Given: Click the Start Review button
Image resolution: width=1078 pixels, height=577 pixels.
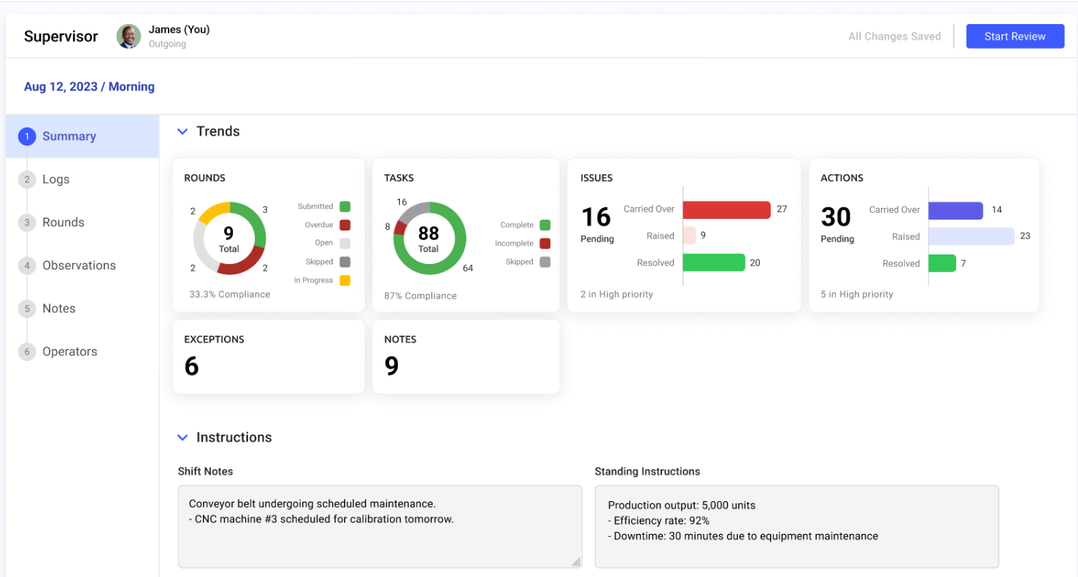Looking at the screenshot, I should (1015, 36).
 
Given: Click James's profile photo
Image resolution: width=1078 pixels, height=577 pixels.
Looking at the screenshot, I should (129, 36).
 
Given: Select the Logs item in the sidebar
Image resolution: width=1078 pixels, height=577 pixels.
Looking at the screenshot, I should (55, 179).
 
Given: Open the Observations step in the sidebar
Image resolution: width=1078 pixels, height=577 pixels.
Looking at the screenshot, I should (79, 266).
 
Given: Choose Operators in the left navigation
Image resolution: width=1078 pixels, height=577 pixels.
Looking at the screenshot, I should (69, 352).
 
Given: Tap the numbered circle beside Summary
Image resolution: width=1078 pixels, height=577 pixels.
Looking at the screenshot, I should (27, 136).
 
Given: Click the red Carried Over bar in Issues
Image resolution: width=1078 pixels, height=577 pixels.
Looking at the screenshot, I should (726, 209).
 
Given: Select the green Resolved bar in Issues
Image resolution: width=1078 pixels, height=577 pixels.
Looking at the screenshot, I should (714, 263).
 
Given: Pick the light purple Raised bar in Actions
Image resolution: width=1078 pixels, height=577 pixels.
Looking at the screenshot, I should (971, 236).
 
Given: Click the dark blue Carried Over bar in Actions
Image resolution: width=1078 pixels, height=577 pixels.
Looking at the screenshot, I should (955, 210).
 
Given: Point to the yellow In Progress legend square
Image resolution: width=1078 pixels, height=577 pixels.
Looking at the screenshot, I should (344, 280).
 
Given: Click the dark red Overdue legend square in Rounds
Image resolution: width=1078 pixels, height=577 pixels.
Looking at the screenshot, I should (344, 225).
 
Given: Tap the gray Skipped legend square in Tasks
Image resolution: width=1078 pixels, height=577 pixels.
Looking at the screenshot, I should (544, 262).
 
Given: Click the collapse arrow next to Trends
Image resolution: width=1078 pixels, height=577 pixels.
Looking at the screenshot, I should (182, 132).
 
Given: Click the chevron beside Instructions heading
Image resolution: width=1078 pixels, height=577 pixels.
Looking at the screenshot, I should (182, 438).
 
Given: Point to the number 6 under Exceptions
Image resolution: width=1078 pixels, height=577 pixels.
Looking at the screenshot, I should (191, 365).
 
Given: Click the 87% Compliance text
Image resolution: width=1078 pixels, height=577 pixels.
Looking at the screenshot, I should (420, 296).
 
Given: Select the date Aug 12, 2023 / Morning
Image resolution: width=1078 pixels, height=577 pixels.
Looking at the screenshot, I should (89, 87).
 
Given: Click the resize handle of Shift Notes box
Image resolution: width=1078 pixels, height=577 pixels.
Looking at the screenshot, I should (576, 562).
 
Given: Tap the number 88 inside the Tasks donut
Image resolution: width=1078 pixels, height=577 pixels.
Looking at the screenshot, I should (428, 233).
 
